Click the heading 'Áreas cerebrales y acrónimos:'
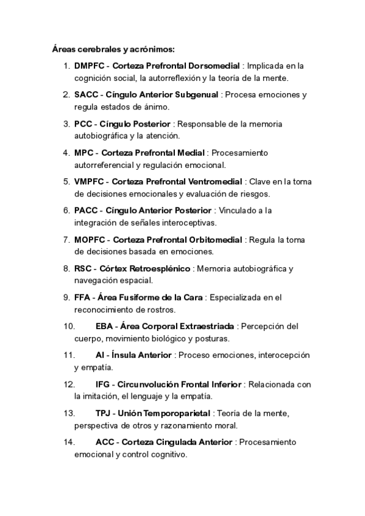pyautogui.click(x=113, y=49)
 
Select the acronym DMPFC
pyautogui.click(x=90, y=66)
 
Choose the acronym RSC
pyautogui.click(x=83, y=268)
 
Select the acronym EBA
pyautogui.click(x=104, y=326)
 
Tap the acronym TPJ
pyautogui.click(x=104, y=413)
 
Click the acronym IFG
pyautogui.click(x=104, y=384)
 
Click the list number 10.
pyautogui.click(x=69, y=326)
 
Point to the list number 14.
pyautogui.click(x=69, y=442)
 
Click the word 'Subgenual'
pyautogui.click(x=196, y=95)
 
